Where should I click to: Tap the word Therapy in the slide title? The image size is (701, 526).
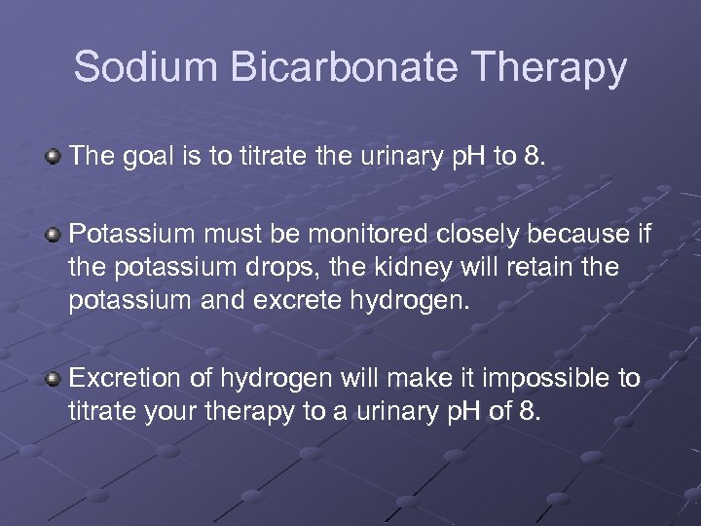click(x=552, y=69)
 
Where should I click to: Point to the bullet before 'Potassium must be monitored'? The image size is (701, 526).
click(x=55, y=234)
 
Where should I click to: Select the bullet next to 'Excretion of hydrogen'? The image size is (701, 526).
click(x=55, y=377)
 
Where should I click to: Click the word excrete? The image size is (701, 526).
click(x=289, y=301)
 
